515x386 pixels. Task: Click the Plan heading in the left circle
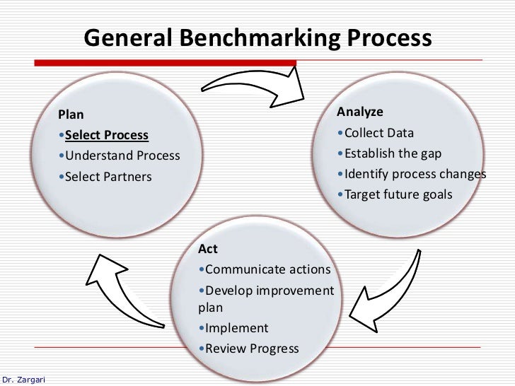(x=71, y=115)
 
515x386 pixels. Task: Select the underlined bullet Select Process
(x=106, y=135)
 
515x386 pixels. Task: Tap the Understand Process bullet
(x=122, y=156)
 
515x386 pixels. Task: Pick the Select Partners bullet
(x=108, y=177)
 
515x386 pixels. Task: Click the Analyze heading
(x=360, y=112)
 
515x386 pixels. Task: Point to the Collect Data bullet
(x=378, y=133)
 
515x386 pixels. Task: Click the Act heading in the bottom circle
(x=208, y=249)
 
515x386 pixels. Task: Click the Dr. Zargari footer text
(x=23, y=380)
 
